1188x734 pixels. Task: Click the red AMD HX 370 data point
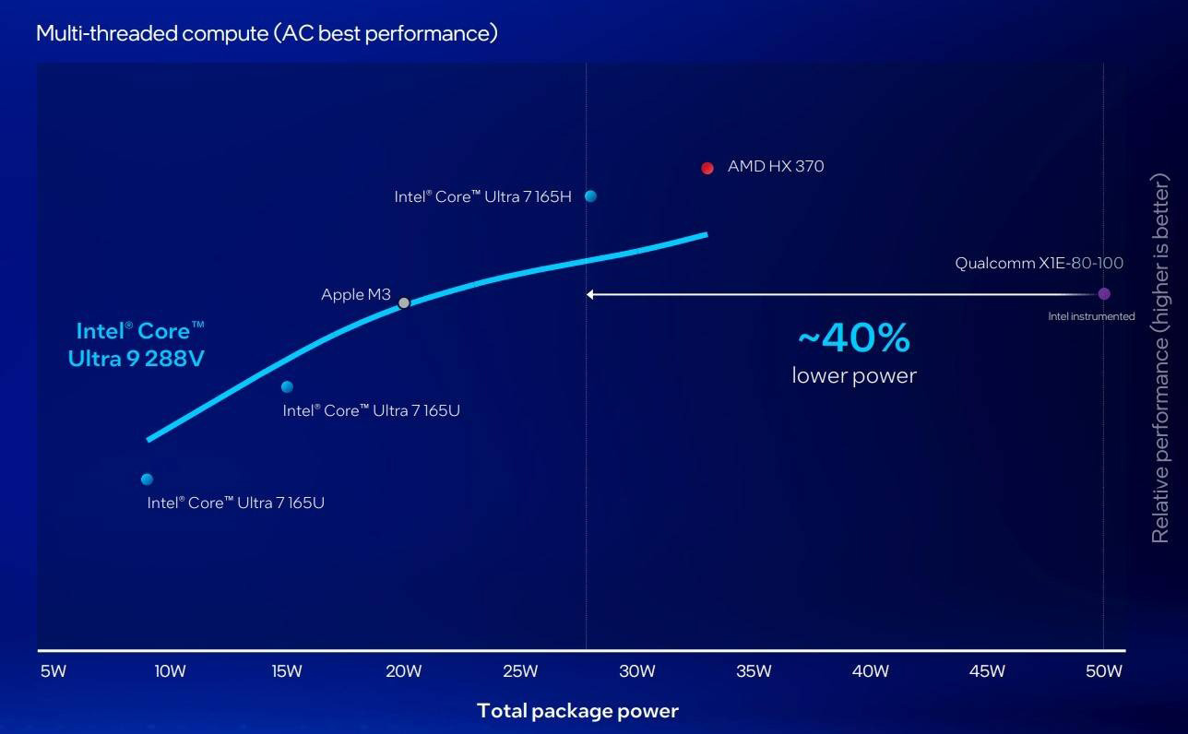pos(707,168)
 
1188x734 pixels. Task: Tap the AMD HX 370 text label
pos(775,167)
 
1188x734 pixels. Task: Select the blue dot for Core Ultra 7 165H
pos(590,196)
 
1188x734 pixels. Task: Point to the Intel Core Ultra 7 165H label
pos(482,196)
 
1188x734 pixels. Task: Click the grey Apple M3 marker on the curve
pos(403,302)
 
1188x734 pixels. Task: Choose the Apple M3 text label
pos(355,295)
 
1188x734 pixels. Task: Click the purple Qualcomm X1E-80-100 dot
pos(1104,294)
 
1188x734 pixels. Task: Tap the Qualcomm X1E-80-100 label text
pos(1039,264)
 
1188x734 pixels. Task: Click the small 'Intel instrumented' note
pos(1091,316)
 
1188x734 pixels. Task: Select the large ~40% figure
pos(853,338)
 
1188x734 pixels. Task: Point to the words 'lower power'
pos(853,375)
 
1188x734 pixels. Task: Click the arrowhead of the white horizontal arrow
pos(590,294)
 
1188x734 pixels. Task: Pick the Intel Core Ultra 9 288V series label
pos(137,345)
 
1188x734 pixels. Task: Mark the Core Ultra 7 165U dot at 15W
pos(287,387)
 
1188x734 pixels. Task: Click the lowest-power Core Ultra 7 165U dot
pos(147,479)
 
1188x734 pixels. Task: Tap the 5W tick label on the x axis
pos(53,671)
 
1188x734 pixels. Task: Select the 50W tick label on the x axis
pos(1103,671)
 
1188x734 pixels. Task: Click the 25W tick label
pos(520,671)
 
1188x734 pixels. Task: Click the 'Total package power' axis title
pos(577,711)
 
